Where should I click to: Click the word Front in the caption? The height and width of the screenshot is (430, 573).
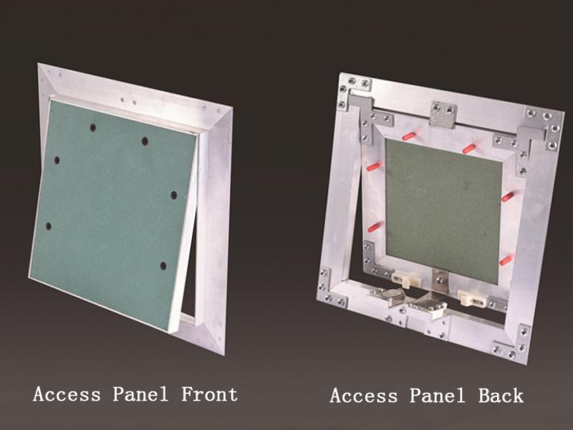(x=209, y=394)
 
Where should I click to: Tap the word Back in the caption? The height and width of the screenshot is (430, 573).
(x=501, y=396)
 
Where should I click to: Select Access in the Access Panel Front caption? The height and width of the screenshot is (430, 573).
(x=67, y=394)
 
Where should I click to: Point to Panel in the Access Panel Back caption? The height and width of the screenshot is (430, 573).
(x=437, y=396)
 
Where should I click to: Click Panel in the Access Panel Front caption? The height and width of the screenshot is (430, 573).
(x=140, y=394)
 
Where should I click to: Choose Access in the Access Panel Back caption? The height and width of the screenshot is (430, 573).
(x=364, y=396)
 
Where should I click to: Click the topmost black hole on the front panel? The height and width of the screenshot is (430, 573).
(x=93, y=128)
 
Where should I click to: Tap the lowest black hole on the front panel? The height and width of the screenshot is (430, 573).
(x=163, y=266)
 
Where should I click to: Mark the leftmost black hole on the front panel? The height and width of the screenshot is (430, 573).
(x=48, y=226)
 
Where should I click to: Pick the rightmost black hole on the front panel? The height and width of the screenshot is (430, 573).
(x=174, y=195)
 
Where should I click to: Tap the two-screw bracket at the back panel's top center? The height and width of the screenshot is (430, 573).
(x=443, y=114)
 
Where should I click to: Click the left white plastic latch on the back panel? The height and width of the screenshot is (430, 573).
(x=405, y=279)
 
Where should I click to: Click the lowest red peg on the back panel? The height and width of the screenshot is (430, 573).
(x=505, y=260)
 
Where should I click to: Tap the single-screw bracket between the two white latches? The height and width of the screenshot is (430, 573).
(x=440, y=280)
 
